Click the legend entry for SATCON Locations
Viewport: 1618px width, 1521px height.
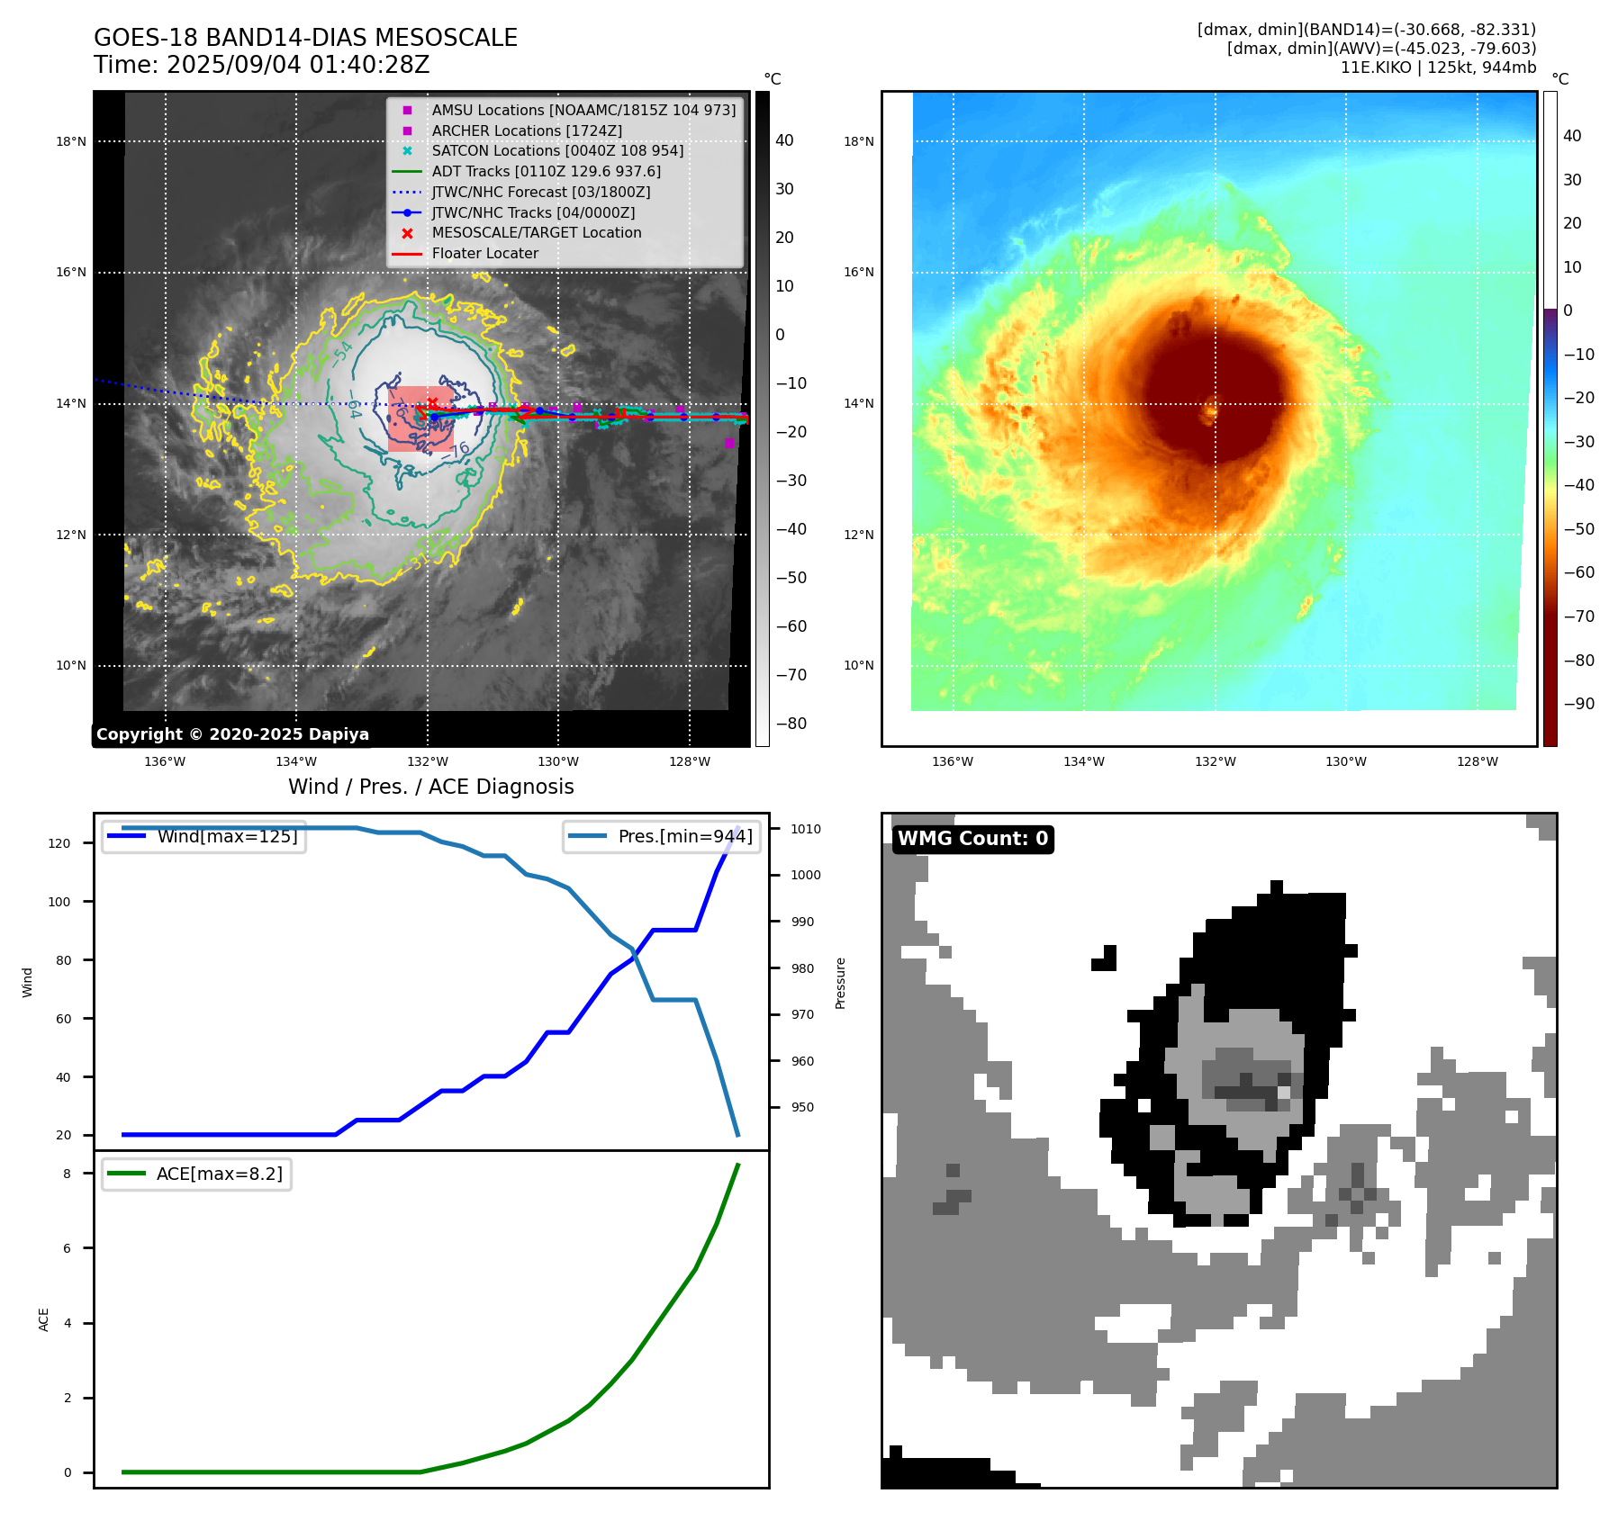[556, 150]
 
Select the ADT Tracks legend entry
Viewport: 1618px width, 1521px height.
[546, 171]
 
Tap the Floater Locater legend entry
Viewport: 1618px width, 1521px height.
[484, 254]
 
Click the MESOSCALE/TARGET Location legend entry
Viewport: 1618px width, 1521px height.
[536, 233]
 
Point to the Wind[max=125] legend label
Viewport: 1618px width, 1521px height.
[227, 836]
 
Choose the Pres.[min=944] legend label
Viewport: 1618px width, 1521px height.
[684, 836]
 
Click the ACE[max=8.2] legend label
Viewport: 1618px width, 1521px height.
[219, 1174]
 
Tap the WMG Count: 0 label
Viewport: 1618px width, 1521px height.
[972, 839]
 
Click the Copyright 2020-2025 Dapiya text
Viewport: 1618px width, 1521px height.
[232, 734]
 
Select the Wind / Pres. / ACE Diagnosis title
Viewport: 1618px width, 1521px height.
[430, 787]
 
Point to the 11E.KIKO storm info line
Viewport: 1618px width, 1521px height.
[1438, 67]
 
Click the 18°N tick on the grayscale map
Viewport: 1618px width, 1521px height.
[71, 141]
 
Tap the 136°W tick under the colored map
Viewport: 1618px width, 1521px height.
[952, 761]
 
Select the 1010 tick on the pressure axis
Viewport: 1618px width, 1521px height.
[806, 829]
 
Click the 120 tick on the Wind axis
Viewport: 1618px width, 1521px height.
[59, 843]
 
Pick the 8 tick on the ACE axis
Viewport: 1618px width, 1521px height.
[67, 1174]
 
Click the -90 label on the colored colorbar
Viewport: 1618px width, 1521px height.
[1578, 704]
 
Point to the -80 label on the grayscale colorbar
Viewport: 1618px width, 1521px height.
[791, 724]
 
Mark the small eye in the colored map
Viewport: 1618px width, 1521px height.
[1210, 413]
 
